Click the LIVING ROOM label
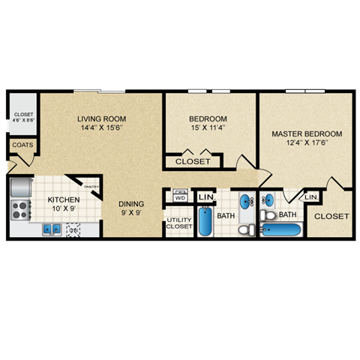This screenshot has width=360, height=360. click(101, 118)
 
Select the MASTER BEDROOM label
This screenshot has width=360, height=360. click(307, 134)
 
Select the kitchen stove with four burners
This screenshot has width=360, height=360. click(19, 210)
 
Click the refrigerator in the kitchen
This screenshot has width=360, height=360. click(21, 187)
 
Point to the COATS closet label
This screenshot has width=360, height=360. click(20, 145)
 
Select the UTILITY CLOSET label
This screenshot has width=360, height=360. click(178, 222)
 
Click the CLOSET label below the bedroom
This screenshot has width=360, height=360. click(193, 161)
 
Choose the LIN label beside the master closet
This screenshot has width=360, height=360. click(312, 196)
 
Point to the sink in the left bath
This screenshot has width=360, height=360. click(246, 202)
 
